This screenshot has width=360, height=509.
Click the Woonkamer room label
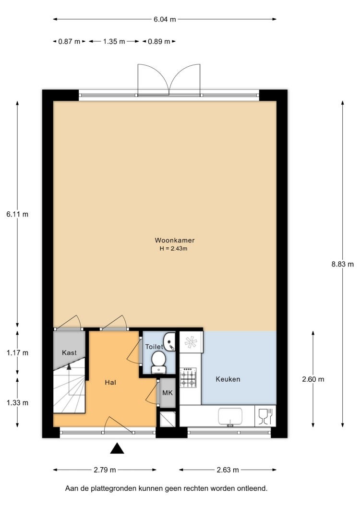click(x=175, y=240)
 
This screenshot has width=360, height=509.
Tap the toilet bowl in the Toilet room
click(x=159, y=363)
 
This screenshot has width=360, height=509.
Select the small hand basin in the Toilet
click(x=169, y=341)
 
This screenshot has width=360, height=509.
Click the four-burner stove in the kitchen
click(x=188, y=377)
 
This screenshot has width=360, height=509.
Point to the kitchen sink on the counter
click(x=230, y=416)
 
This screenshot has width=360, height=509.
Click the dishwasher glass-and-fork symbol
click(x=265, y=416)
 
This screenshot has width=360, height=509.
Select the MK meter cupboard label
click(x=168, y=393)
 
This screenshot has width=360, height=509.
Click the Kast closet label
click(x=69, y=352)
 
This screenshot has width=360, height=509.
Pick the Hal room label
click(x=110, y=382)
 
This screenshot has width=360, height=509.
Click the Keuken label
click(x=228, y=379)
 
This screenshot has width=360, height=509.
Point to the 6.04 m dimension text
click(x=165, y=20)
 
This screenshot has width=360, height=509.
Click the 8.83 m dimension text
click(x=342, y=264)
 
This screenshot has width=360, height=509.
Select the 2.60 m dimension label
click(x=313, y=379)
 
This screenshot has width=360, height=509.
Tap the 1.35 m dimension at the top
click(x=114, y=42)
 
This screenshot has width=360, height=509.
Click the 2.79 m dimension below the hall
click(x=105, y=470)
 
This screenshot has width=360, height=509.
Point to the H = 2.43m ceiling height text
click(x=174, y=249)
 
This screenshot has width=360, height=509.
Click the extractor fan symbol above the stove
click(x=191, y=342)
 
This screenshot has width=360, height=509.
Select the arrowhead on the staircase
click(x=69, y=366)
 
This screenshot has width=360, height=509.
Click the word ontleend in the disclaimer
click(x=254, y=488)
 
